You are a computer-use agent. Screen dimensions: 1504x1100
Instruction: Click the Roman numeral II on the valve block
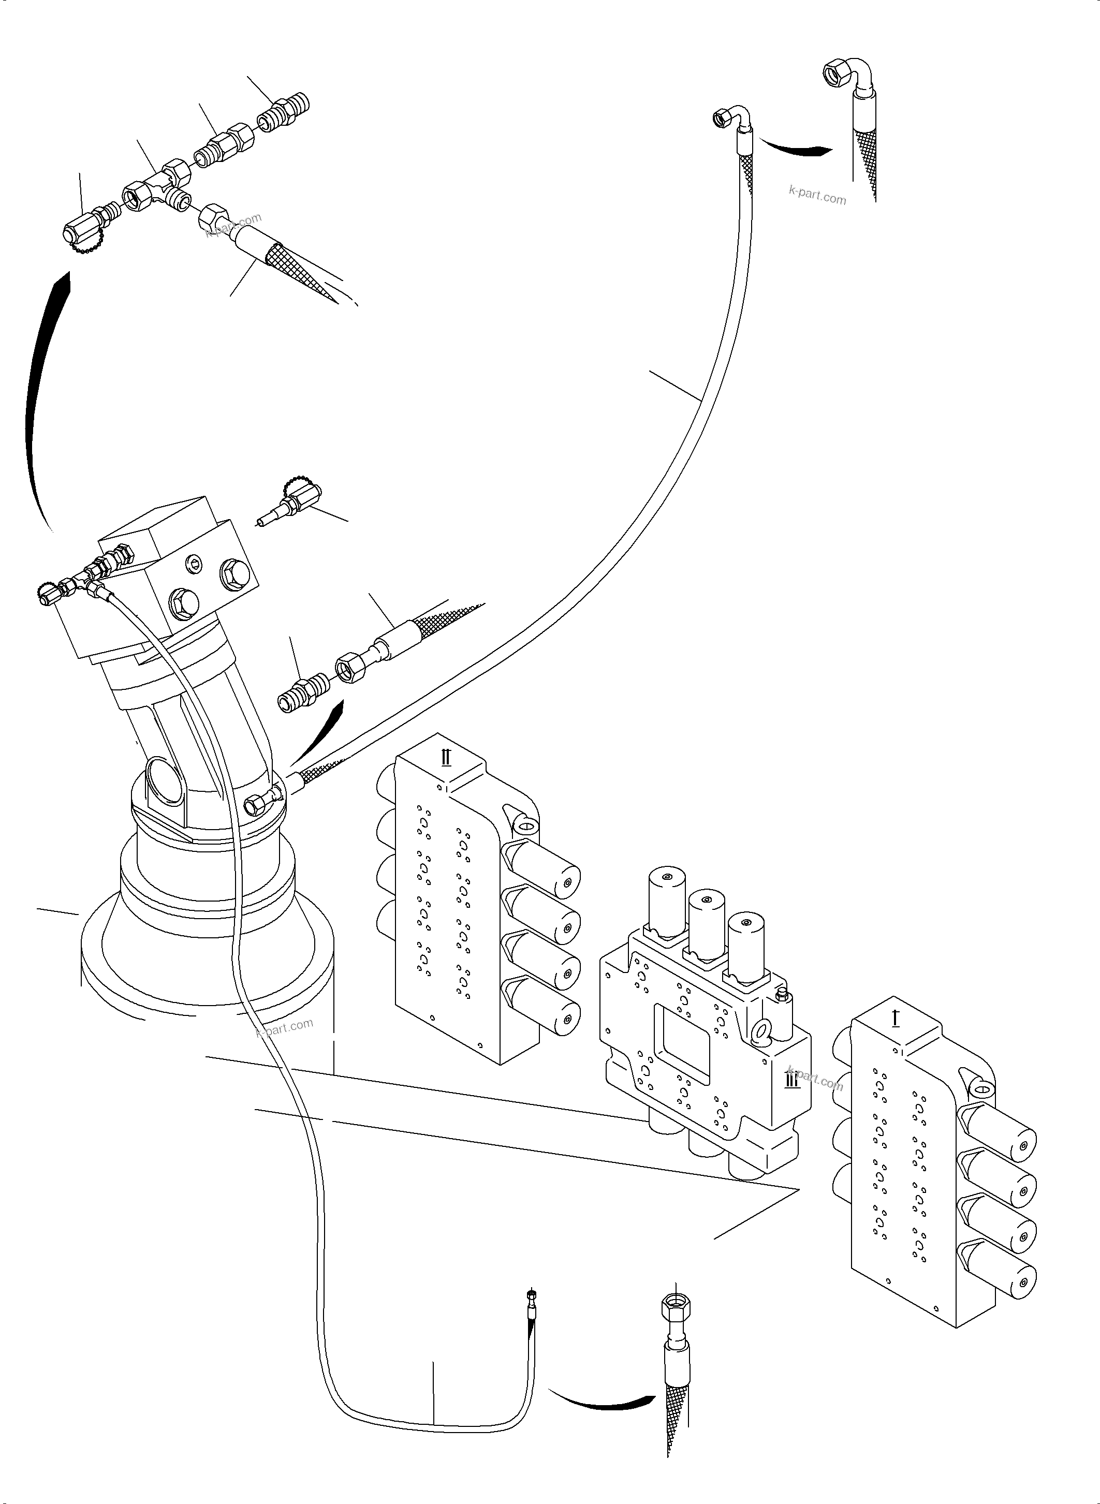[446, 757]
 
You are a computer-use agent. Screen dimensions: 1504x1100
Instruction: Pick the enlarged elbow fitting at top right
[846, 79]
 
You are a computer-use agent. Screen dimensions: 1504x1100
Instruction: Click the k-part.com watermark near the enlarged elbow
[817, 195]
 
